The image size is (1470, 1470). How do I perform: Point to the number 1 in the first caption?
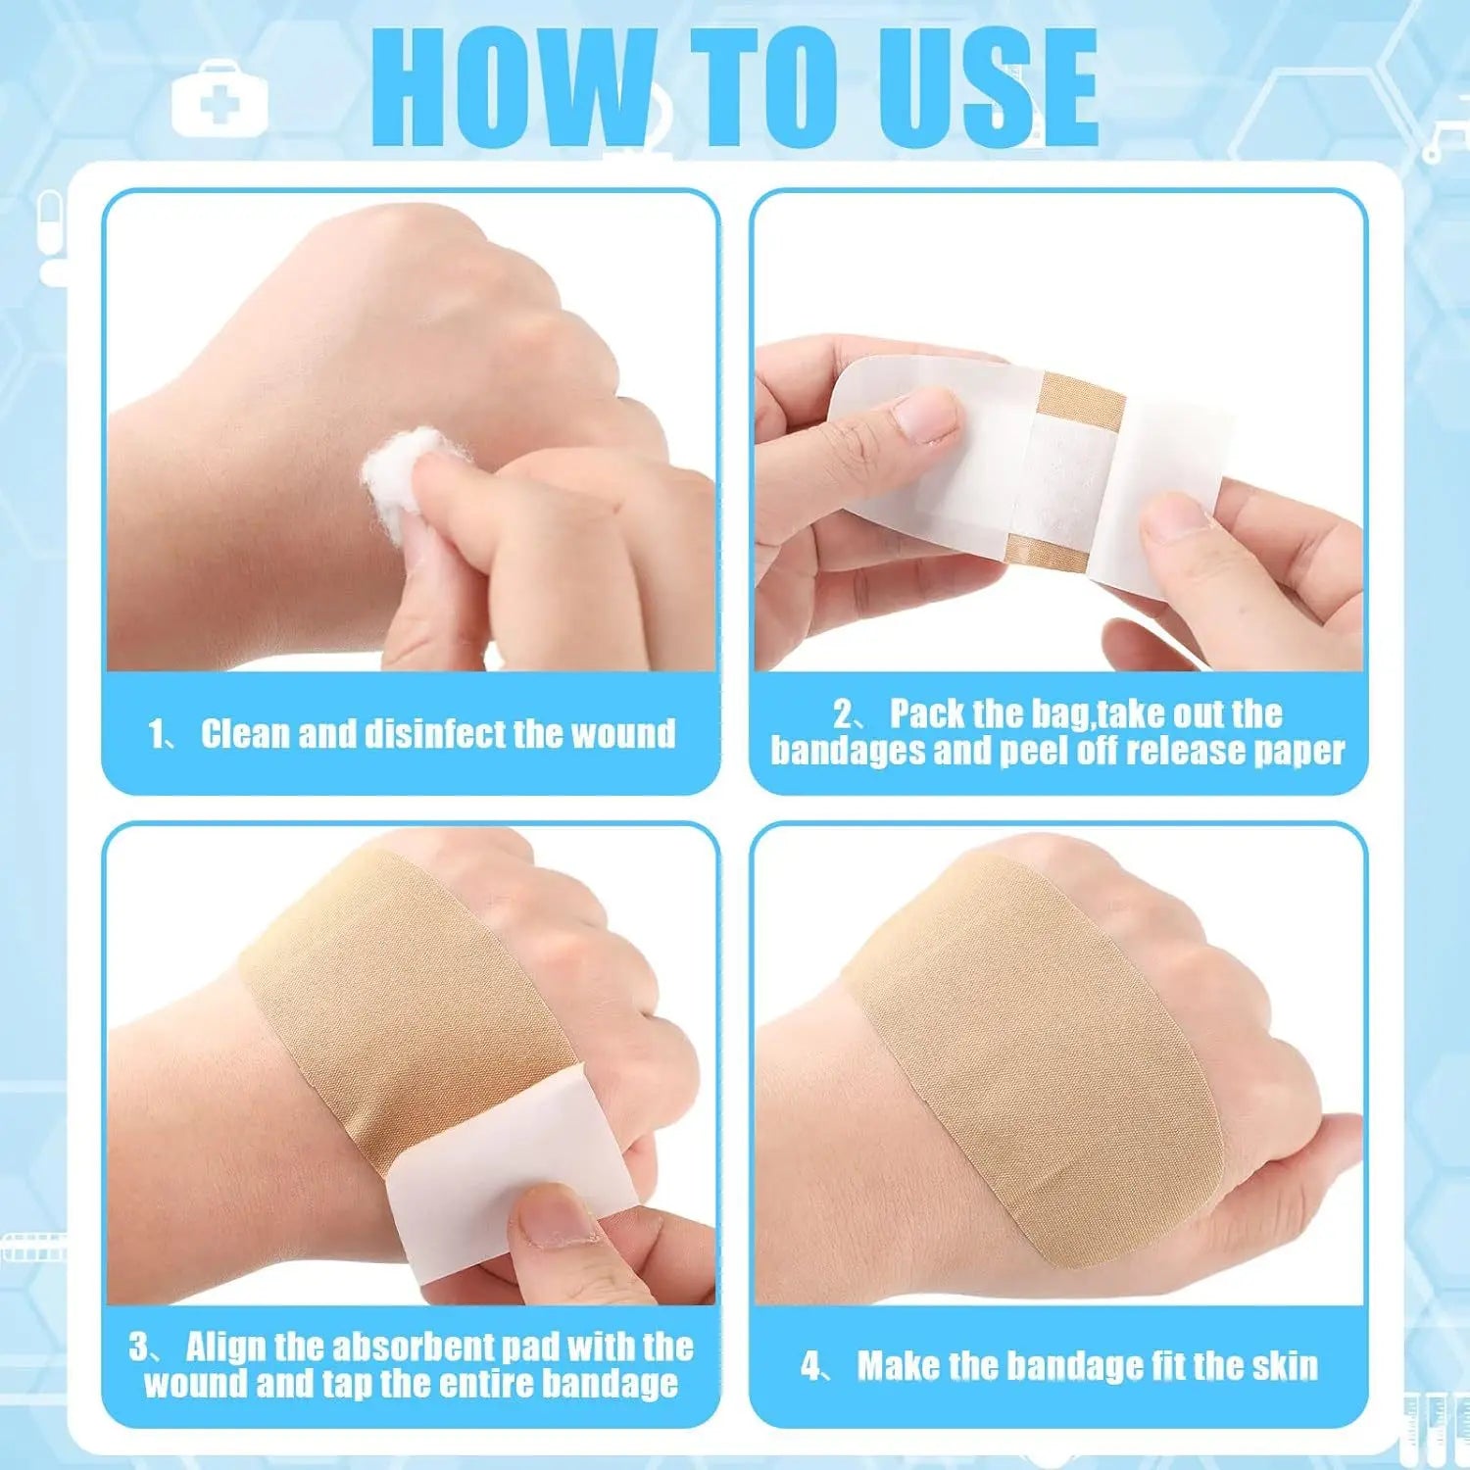[158, 735]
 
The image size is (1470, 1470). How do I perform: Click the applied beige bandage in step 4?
[1030, 1058]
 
